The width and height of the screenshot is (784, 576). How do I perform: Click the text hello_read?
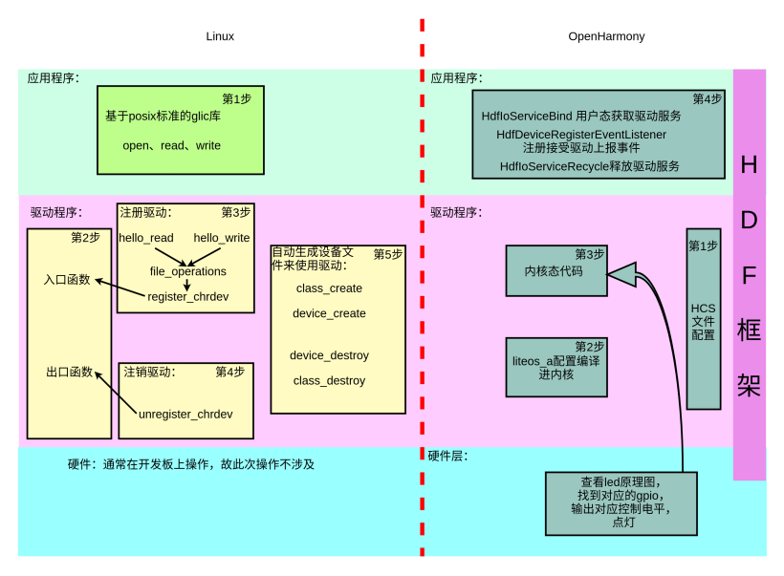146,238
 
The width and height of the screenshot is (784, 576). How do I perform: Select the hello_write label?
222,238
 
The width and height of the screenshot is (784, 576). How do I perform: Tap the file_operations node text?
188,271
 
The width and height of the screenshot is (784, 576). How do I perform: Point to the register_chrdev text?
188,296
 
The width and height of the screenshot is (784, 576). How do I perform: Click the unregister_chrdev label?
185,414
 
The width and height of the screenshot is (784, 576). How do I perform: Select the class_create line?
329,288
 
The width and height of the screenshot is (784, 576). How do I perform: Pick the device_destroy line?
329,355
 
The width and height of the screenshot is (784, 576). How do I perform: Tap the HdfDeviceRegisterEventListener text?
581,135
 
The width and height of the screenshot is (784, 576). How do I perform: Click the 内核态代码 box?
556,270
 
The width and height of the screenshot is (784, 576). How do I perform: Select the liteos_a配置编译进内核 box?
556,367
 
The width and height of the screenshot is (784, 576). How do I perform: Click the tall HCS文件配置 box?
704,319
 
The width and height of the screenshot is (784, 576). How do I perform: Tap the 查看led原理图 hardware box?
621,502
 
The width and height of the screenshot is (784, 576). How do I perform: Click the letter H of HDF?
750,165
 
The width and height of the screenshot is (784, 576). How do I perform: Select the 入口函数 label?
67,280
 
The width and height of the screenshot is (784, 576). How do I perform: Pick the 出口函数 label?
69,372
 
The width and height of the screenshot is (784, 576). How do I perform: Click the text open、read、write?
172,146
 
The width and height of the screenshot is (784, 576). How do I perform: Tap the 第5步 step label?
388,254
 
